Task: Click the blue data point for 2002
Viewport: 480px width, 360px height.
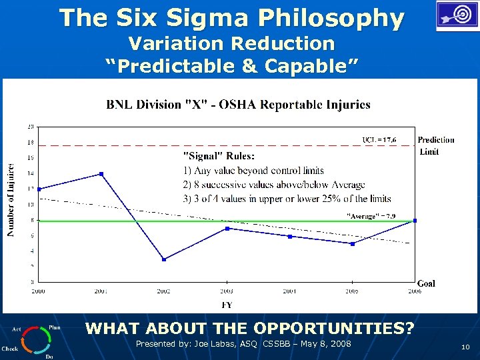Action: click(164, 259)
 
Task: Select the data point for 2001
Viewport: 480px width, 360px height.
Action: click(101, 174)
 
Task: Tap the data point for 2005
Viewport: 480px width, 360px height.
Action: click(352, 243)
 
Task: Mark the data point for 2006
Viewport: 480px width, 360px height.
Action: click(415, 221)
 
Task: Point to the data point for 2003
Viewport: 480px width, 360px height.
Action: click(227, 229)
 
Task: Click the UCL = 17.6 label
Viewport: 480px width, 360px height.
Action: click(379, 139)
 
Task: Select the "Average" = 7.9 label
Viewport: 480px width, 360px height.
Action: click(371, 215)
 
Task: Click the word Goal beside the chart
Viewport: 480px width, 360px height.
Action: click(426, 283)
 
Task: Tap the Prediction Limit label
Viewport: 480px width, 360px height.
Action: click(436, 145)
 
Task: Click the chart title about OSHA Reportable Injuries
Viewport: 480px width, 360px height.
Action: click(239, 105)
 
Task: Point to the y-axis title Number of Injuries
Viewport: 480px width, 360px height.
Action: click(11, 200)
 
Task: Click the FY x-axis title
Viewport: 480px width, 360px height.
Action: click(227, 305)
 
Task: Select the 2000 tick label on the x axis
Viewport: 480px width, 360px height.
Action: click(39, 291)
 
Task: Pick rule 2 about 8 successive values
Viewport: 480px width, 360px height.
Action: click(275, 185)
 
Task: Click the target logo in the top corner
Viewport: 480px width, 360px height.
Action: click(457, 16)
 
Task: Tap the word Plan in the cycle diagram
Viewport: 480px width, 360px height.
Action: click(55, 327)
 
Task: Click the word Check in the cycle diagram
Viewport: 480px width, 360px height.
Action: click(10, 348)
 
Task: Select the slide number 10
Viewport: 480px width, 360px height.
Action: click(465, 347)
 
